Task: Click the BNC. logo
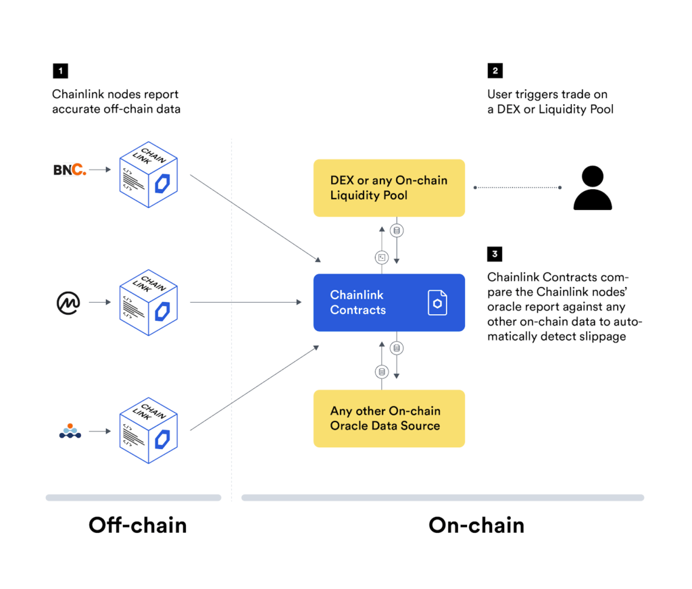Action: pos(70,170)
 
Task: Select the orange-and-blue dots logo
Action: pos(70,430)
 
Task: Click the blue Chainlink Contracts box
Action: pos(389,303)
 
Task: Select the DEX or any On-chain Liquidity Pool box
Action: pos(389,188)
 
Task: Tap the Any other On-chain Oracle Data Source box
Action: pos(389,418)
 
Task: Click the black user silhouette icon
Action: pos(592,188)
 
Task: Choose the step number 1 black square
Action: pos(60,71)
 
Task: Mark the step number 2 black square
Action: pos(495,71)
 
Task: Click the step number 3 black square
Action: pos(495,254)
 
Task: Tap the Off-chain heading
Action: pos(137,525)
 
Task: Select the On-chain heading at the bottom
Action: pos(476,525)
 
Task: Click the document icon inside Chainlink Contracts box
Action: pos(437,303)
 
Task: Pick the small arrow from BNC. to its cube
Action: pos(100,170)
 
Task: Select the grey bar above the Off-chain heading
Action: pos(133,498)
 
